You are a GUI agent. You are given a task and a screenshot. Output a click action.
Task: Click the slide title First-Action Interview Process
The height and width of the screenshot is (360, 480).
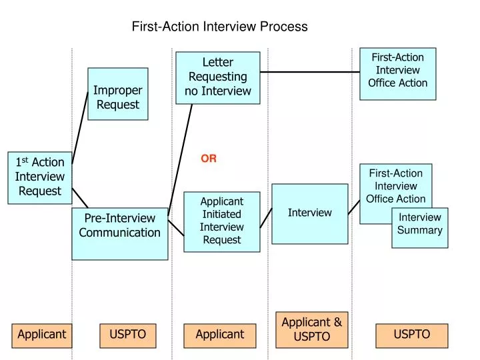click(219, 27)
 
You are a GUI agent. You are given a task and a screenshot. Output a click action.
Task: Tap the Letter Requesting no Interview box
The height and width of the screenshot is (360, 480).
click(217, 77)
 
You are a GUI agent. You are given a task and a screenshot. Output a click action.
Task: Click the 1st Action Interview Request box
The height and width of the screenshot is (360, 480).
click(40, 177)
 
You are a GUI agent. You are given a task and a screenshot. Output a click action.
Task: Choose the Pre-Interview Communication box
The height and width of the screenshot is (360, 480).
click(120, 233)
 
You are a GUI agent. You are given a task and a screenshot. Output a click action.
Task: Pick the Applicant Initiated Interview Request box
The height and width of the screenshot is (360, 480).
click(221, 221)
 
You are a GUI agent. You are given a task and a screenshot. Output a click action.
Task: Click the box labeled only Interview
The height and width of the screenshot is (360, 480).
click(309, 213)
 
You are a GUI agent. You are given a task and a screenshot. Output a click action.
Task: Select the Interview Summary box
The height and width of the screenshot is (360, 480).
click(419, 227)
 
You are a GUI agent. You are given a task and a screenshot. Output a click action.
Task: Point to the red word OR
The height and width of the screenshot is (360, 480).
click(209, 159)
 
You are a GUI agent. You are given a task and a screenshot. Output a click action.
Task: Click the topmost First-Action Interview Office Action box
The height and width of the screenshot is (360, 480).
click(397, 73)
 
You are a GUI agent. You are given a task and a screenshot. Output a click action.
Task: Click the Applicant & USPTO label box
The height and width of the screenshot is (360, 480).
click(311, 329)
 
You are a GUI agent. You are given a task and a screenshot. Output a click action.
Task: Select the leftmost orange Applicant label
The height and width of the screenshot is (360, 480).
click(41, 335)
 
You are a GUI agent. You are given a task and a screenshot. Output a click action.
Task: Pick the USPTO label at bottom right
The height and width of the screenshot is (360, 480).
click(411, 335)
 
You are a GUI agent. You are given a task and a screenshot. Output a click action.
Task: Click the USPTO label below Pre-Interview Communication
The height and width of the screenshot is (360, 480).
click(127, 335)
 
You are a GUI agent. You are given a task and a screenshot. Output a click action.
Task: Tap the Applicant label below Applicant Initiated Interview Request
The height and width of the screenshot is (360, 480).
click(220, 335)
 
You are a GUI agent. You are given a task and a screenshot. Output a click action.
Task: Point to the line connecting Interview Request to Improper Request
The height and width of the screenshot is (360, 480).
click(80, 127)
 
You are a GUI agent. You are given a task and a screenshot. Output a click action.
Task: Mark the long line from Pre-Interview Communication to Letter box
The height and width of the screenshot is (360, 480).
click(180, 160)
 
